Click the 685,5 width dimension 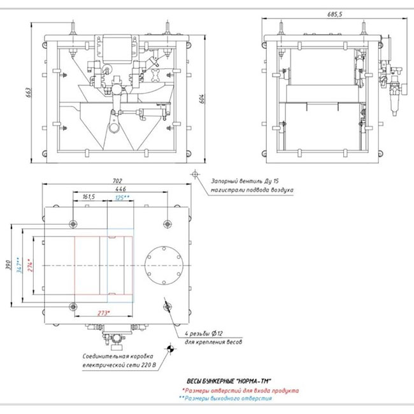coord(334,14)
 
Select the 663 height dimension coord(29,93)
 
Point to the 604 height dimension coord(201,99)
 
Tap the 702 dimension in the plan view coord(117,181)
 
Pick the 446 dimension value coord(120,189)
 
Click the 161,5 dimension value coord(89,197)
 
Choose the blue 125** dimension coord(122,197)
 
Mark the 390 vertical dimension coord(8,265)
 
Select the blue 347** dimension coord(19,265)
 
